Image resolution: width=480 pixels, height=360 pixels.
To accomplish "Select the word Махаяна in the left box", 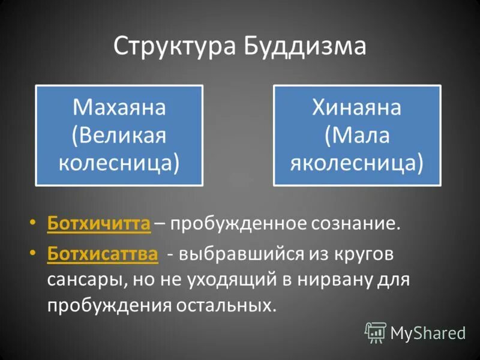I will [119, 109].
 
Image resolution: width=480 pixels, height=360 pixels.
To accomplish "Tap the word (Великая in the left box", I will [119, 135].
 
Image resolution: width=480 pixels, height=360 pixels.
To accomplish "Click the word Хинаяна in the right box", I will [357, 109].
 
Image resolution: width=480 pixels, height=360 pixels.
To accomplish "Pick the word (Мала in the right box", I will [357, 135].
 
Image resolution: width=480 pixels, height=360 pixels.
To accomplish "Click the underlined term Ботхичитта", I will [98, 224].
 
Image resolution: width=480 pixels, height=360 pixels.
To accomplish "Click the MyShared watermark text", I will [428, 332].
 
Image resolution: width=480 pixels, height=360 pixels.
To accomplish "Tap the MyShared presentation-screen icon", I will [376, 332].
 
